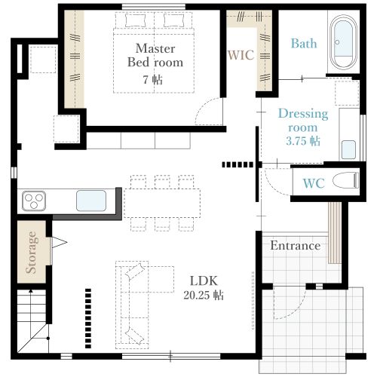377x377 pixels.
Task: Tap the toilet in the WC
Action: pyautogui.click(x=345, y=180)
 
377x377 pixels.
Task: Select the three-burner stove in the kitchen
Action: pyautogui.click(x=34, y=201)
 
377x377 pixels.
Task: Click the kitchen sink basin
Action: pyautogui.click(x=91, y=201)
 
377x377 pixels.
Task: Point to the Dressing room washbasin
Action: pyautogui.click(x=348, y=149)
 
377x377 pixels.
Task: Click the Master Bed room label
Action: pyautogui.click(x=155, y=55)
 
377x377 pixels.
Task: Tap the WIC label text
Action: pyautogui.click(x=241, y=55)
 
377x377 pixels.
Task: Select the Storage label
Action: pyautogui.click(x=32, y=252)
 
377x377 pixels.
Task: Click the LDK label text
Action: pyautogui.click(x=204, y=280)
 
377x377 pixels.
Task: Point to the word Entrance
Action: pyautogui.click(x=296, y=245)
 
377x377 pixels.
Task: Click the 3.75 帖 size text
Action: pyautogui.click(x=303, y=141)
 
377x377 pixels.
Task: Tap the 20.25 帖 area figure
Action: pyautogui.click(x=204, y=295)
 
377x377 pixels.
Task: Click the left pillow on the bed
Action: pyautogui.click(x=136, y=20)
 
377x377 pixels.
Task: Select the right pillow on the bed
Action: pyautogui.click(x=173, y=20)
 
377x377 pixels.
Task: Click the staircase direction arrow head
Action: pyautogui.click(x=31, y=291)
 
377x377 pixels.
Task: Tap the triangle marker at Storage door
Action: pyautogui.click(x=60, y=242)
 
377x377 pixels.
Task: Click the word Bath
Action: pyautogui.click(x=304, y=43)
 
